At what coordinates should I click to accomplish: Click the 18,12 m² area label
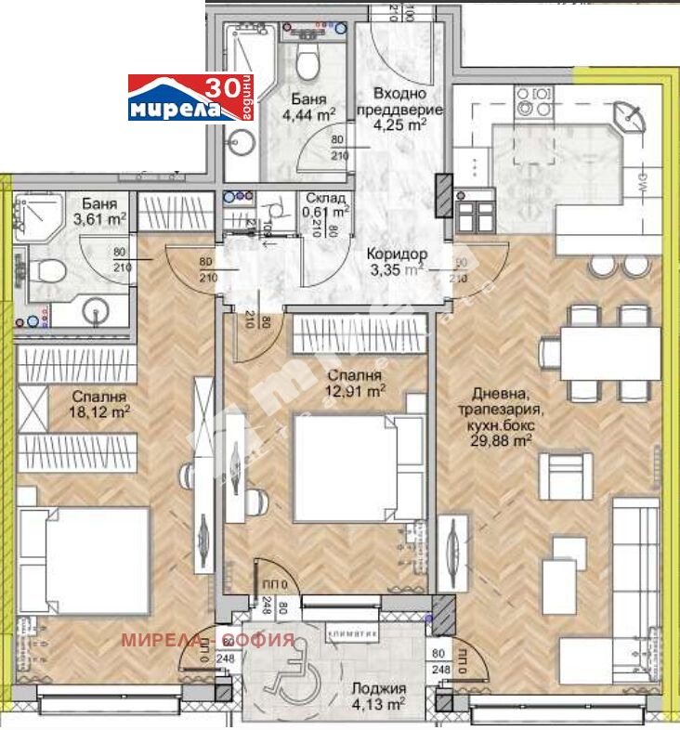[x=100, y=411]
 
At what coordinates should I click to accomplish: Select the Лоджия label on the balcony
[x=378, y=688]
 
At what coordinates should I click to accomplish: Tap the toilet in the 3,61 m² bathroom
[x=46, y=271]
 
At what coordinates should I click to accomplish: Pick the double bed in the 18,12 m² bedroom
[x=84, y=559]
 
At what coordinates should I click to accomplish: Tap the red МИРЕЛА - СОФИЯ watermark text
[x=209, y=640]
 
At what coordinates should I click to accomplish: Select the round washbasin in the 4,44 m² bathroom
[x=244, y=144]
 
